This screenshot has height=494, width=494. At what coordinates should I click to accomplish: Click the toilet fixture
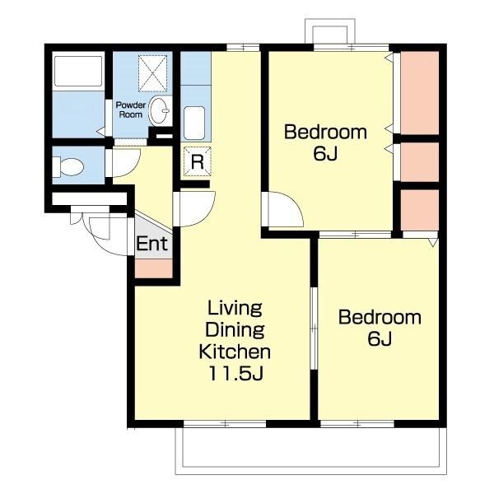pos(68,166)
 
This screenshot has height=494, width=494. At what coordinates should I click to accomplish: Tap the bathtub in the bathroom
pos(78,71)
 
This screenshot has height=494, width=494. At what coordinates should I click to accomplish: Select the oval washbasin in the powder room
pos(160,110)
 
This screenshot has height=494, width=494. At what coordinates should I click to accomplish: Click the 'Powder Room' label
pos(131,110)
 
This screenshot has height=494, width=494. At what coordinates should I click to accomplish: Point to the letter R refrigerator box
pos(198,161)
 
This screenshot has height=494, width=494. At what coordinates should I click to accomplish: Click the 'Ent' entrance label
pos(151,244)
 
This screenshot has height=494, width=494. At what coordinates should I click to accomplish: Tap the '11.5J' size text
pos(235,374)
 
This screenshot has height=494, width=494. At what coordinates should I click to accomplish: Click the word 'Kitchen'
pos(235,352)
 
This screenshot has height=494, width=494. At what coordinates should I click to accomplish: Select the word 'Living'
pos(235,308)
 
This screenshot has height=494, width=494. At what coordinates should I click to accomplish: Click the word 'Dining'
pos(235,330)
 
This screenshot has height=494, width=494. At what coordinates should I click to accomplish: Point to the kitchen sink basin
pos(194,123)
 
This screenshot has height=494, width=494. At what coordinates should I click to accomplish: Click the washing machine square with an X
pos(152,73)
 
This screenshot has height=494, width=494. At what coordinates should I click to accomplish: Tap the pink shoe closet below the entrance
pos(154,268)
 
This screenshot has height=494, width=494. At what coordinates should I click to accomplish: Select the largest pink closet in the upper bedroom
pos(420,92)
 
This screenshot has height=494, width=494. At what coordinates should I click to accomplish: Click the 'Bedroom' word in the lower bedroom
pos(380,317)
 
